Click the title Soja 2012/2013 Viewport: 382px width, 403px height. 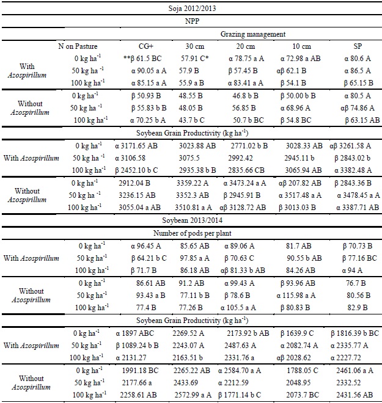click(191, 9)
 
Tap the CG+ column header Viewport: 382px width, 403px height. click(146, 46)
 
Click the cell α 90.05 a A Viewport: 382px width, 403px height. click(145, 70)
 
